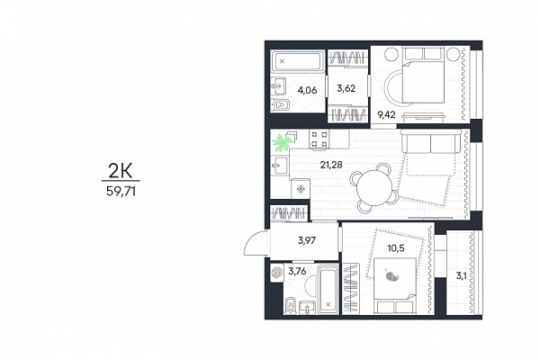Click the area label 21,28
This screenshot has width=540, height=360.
[331, 165]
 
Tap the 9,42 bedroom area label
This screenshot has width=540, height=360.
[386, 114]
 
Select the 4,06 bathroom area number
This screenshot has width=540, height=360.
[307, 90]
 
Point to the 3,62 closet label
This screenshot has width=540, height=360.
[346, 88]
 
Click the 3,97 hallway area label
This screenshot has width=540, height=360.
[307, 240]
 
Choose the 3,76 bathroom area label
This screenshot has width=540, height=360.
[297, 272]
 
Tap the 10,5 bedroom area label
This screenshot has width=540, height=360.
[396, 248]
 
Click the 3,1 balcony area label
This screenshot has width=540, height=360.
[462, 275]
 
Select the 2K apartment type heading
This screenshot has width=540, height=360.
[121, 170]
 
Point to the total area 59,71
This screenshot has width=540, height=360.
[121, 191]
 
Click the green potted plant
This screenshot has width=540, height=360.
[282, 142]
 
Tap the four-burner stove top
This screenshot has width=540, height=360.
[319, 139]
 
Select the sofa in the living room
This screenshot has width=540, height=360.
[430, 141]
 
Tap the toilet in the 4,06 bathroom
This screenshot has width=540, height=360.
[280, 104]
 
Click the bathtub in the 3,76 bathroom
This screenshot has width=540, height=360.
[328, 290]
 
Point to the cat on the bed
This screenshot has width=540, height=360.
[391, 275]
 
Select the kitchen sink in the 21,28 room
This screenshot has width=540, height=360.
[279, 166]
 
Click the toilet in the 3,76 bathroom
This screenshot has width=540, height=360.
[291, 305]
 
